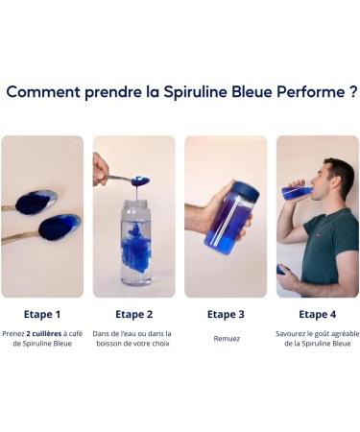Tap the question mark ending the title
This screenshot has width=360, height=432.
[x=349, y=92]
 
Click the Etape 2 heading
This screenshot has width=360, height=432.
[x=134, y=314]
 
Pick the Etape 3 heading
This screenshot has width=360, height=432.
[x=226, y=314]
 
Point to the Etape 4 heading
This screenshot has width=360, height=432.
[x=317, y=314]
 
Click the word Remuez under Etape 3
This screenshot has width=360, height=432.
[x=226, y=338]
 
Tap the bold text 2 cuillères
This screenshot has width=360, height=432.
[x=48, y=333]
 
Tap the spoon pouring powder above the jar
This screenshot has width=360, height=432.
[x=130, y=180]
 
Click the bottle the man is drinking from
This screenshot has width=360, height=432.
[x=297, y=192]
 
